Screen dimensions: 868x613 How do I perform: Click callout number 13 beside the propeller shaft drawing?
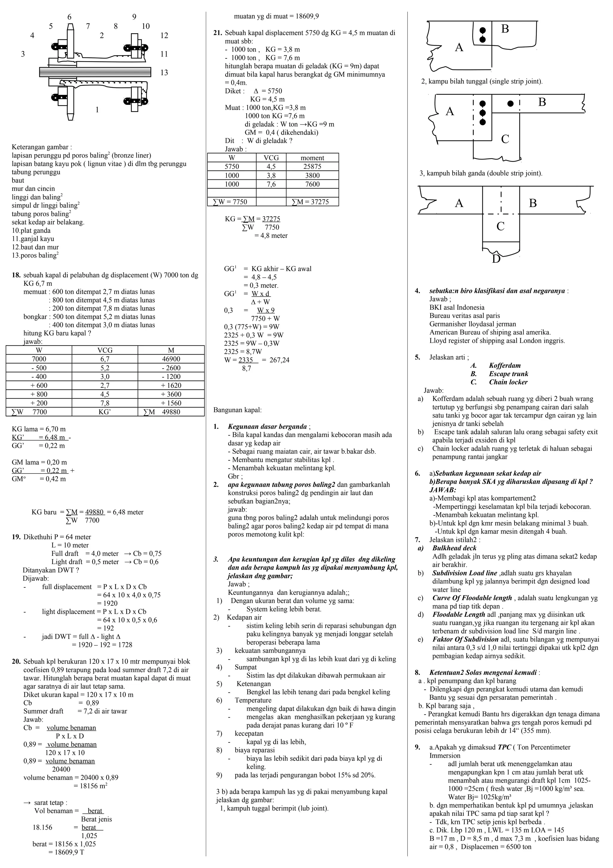point(164,72)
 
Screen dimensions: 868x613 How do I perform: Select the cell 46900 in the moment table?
point(171,359)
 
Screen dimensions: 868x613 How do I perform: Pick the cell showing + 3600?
point(171,394)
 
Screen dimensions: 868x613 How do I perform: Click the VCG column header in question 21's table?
point(271,158)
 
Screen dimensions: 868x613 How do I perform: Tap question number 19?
point(16,537)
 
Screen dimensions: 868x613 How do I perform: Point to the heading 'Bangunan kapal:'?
point(237,410)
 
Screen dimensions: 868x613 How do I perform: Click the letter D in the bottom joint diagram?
point(496,259)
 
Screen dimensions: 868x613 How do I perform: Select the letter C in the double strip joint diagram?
point(505,139)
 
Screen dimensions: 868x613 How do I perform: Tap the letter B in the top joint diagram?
point(505,29)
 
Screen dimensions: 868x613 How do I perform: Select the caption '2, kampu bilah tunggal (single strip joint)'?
point(482,81)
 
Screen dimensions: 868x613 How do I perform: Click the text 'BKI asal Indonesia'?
point(457,307)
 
